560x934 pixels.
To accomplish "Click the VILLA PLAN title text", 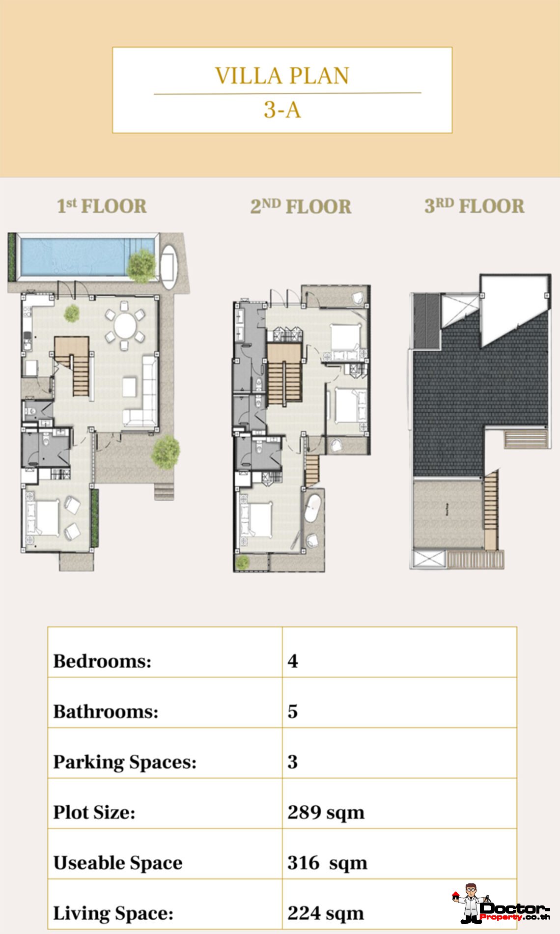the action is (282, 76).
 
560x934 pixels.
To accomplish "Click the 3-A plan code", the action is (282, 110).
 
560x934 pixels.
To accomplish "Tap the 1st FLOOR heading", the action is (102, 206).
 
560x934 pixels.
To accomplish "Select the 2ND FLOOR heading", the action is (301, 206).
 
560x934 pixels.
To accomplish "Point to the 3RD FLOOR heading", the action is (475, 206).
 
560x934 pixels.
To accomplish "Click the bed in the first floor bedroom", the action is (42, 517).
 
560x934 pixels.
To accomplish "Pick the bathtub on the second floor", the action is (312, 508).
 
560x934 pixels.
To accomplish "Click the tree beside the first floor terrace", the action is (166, 451).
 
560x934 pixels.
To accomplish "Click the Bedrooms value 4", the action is (293, 661).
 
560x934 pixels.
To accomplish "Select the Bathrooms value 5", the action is (293, 711).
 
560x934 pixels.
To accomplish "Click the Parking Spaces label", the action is (125, 762).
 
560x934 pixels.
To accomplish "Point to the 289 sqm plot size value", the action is (326, 813).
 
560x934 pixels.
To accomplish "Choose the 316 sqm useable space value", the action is (328, 863).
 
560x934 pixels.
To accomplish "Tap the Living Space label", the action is (113, 913).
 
